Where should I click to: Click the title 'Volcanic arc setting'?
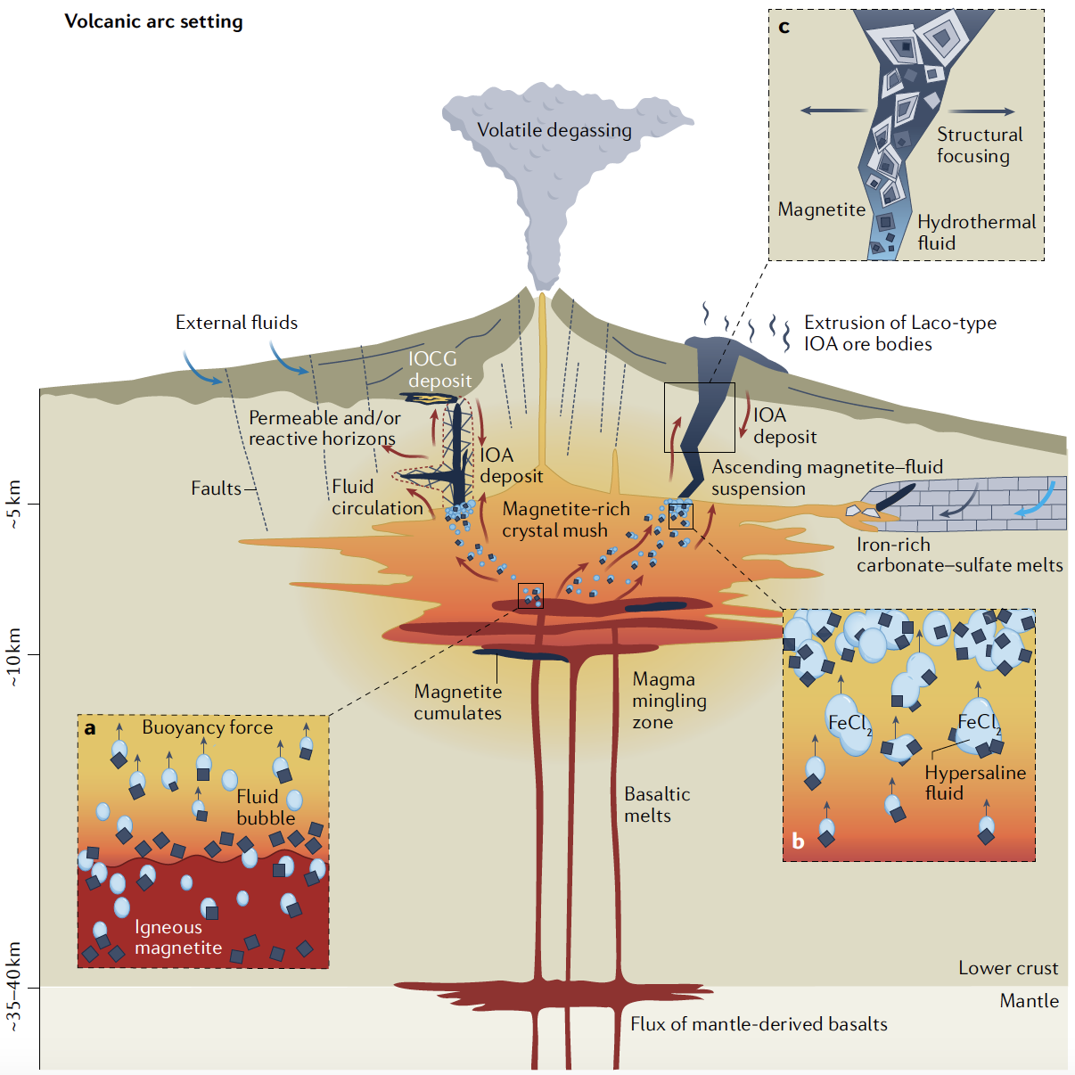click(x=153, y=21)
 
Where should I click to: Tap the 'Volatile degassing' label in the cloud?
click(x=554, y=130)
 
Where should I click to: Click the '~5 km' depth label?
click(x=14, y=505)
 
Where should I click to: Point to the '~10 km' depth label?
click(x=14, y=657)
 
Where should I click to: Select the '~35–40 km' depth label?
click(x=14, y=987)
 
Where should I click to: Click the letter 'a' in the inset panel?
click(x=90, y=728)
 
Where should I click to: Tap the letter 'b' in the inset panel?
click(x=798, y=841)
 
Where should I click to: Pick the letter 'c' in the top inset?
click(x=784, y=27)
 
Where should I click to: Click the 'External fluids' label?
click(x=236, y=323)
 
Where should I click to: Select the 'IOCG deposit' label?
click(x=439, y=370)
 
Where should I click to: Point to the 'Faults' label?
click(x=216, y=488)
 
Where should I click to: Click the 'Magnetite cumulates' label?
click(x=457, y=702)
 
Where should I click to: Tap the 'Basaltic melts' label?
click(x=656, y=805)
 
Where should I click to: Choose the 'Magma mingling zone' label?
click(x=669, y=701)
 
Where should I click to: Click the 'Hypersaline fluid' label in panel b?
click(x=974, y=783)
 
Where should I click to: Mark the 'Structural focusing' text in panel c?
click(x=979, y=145)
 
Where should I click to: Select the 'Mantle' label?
click(x=1029, y=1001)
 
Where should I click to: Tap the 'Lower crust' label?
click(x=1007, y=968)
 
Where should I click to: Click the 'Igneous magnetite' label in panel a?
click(x=177, y=938)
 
